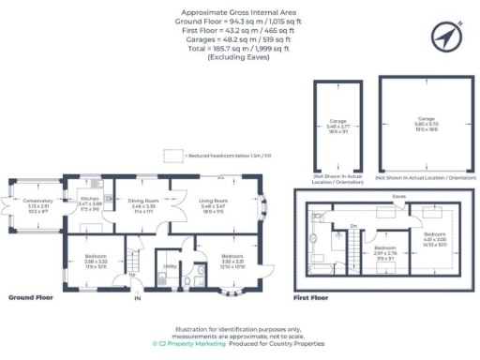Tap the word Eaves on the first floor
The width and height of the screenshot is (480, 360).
(399, 197)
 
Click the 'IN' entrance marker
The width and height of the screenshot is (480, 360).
(137, 298)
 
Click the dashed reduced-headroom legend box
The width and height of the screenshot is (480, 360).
(173, 157)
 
